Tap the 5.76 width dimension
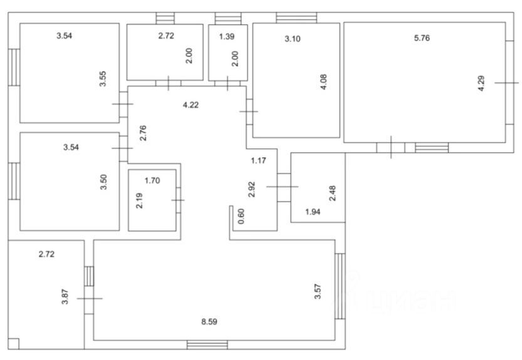pos(422,39)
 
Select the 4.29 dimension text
pos(481,83)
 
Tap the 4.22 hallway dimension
pos(191,105)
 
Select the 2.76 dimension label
pos(143,134)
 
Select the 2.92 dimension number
pos(252,190)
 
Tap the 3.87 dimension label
pos(65,296)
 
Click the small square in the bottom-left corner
pos(14,343)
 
